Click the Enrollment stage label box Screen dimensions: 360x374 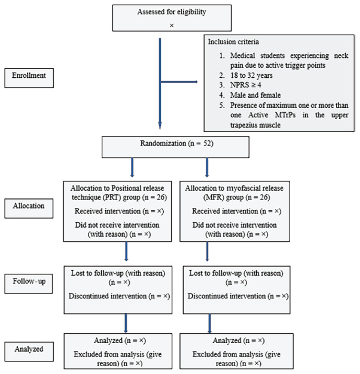click(x=29, y=78)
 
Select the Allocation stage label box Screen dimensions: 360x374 click(x=29, y=208)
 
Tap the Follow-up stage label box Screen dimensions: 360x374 click(x=29, y=284)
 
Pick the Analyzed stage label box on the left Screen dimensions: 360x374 click(x=29, y=352)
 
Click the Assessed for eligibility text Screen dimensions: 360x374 click(x=172, y=12)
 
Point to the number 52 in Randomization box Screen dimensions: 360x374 click(x=208, y=143)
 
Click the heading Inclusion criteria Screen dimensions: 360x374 click(x=233, y=42)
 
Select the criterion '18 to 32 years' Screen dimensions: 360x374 click(x=251, y=75)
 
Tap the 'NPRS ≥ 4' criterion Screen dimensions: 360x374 click(x=245, y=85)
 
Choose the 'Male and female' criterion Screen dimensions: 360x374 click(x=255, y=95)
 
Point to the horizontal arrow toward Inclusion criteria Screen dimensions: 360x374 click(x=179, y=82)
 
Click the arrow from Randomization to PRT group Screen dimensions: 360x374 click(x=132, y=168)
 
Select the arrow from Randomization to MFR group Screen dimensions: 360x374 click(x=207, y=168)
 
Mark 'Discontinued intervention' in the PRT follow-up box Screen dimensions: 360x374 click(x=107, y=296)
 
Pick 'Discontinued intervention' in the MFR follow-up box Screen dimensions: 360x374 click(x=226, y=296)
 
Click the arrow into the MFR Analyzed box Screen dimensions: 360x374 click(x=209, y=323)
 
